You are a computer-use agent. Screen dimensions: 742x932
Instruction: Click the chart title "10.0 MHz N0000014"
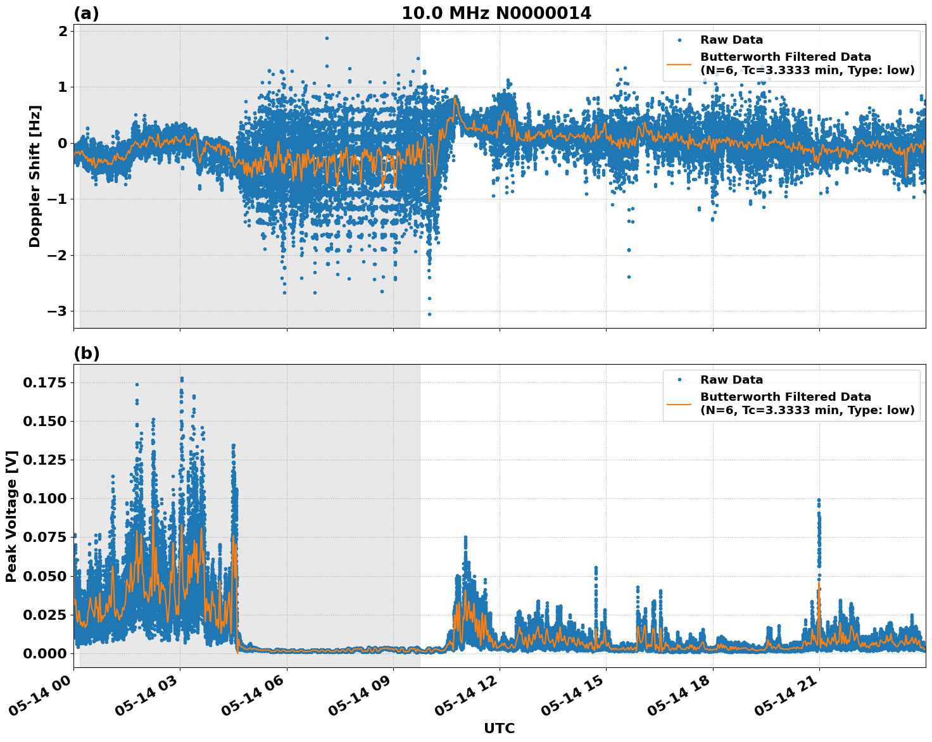pos(496,13)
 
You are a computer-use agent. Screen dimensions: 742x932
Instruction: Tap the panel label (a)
pos(86,13)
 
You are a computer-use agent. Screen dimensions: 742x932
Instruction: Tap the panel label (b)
pos(86,353)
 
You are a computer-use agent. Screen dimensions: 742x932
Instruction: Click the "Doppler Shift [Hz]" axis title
pos(35,176)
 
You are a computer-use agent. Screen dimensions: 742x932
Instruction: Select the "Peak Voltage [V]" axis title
pos(11,516)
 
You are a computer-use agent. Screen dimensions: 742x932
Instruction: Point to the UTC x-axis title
pos(499,728)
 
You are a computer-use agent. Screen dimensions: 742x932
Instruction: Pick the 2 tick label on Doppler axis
pos(63,31)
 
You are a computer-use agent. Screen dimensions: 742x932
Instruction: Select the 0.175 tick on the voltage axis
pos(45,382)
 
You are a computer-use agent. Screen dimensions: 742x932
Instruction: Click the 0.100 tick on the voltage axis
pos(45,499)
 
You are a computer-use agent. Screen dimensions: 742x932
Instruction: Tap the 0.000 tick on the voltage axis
pos(45,653)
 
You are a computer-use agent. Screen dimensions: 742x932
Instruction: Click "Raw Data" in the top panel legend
pos(731,41)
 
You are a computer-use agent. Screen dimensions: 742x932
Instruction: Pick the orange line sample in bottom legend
pos(679,403)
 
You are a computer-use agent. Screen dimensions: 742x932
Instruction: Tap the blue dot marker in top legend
pos(679,41)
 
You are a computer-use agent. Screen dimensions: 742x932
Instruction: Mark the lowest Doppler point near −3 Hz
pos(429,314)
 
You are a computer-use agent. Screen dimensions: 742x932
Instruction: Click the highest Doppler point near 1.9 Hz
pos(327,38)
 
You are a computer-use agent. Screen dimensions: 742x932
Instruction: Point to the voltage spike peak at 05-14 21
pos(819,500)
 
